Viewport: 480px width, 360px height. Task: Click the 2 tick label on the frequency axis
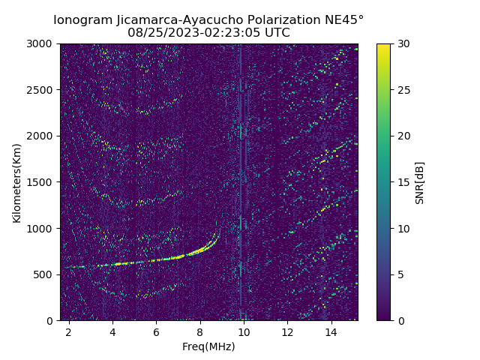coord(69,331)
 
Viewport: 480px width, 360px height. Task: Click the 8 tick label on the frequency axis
coord(200,331)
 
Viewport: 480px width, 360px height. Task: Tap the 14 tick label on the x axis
coord(331,331)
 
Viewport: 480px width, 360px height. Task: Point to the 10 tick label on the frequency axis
coord(244,331)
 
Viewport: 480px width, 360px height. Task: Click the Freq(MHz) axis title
coord(208,346)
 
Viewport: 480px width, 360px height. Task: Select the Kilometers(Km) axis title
coord(16,182)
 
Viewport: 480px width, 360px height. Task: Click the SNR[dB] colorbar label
coord(420,182)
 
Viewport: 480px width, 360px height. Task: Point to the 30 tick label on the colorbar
coord(403,43)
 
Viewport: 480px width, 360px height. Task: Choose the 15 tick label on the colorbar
coord(403,182)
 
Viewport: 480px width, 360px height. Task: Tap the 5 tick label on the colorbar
coord(400,274)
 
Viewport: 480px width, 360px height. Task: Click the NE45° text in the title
coord(346,19)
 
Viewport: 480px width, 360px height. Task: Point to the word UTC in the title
coord(276,33)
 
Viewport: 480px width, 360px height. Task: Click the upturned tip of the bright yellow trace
coord(217,223)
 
